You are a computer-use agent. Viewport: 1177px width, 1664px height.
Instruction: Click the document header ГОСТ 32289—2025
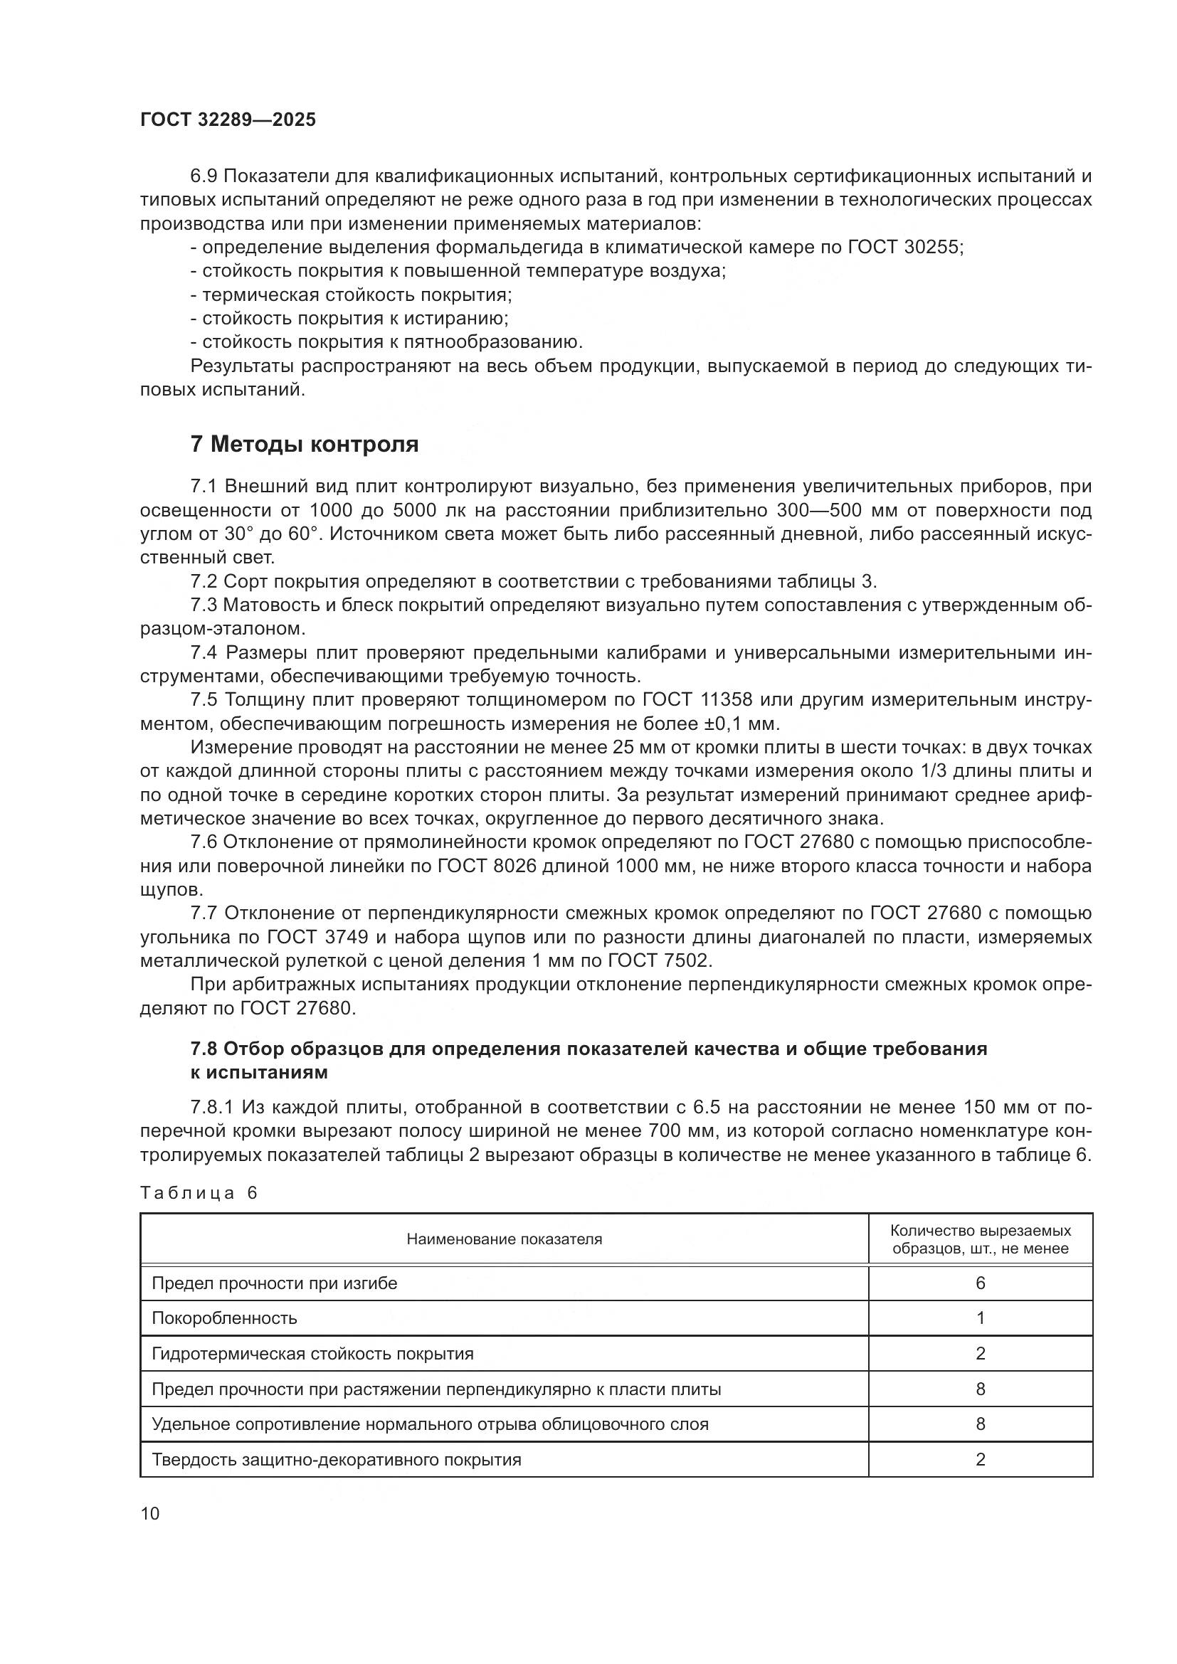tap(228, 120)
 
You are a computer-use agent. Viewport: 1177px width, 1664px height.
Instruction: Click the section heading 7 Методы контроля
tap(305, 444)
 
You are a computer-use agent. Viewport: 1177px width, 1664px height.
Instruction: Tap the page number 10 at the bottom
tap(150, 1514)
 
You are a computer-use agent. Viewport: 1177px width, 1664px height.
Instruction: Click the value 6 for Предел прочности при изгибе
tap(980, 1283)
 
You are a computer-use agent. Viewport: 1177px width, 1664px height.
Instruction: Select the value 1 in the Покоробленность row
tap(980, 1318)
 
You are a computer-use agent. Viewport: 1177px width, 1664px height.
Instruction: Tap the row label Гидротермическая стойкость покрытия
tap(312, 1354)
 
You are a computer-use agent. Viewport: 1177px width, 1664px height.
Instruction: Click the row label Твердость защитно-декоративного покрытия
tap(337, 1460)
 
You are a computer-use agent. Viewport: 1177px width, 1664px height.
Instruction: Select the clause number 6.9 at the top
tap(204, 176)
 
